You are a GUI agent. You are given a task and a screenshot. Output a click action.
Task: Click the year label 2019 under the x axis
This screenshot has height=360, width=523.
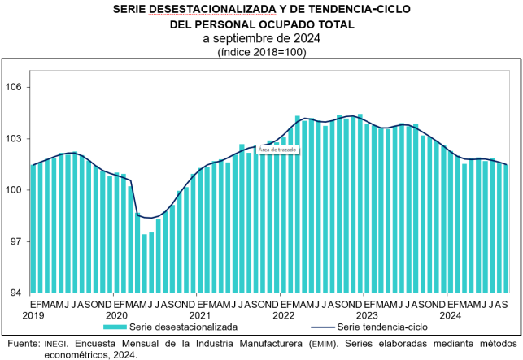click(34, 314)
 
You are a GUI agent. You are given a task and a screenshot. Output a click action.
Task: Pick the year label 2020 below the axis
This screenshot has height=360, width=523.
click(117, 314)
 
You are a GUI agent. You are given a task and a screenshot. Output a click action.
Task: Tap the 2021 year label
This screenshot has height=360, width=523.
click(200, 314)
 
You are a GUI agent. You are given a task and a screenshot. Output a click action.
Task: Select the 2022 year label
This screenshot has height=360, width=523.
click(284, 314)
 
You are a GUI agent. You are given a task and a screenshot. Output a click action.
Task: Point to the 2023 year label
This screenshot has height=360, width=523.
click(367, 314)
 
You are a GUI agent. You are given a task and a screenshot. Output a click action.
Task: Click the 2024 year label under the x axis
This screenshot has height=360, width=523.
click(450, 314)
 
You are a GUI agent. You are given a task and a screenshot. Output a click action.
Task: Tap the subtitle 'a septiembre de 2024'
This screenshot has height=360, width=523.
click(261, 38)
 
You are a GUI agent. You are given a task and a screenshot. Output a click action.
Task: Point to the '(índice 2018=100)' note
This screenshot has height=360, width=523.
click(261, 51)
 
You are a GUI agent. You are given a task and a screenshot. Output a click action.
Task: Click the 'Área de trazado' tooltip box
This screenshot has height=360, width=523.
click(277, 150)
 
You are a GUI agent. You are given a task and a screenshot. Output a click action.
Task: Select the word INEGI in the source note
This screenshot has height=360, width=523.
click(50, 344)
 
